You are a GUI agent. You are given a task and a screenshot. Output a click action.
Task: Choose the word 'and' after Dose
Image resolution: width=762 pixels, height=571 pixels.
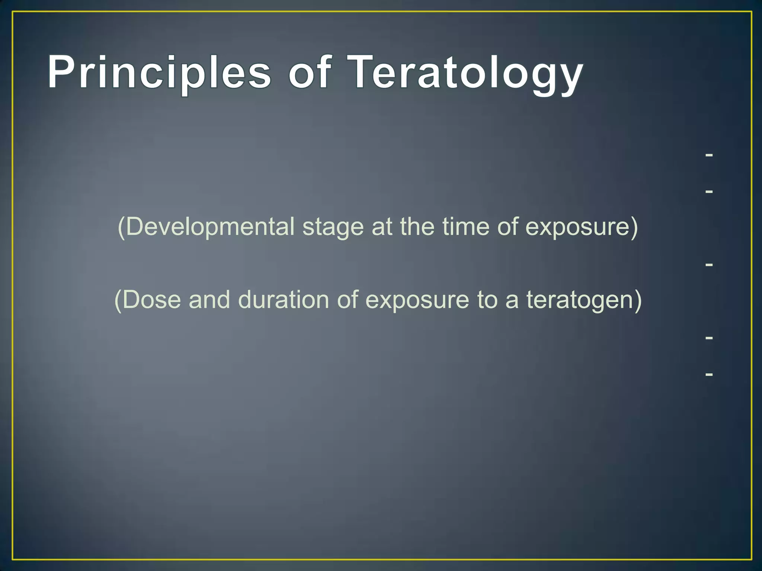coord(209,299)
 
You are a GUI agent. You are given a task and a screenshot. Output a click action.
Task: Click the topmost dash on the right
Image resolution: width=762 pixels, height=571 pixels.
coord(709,155)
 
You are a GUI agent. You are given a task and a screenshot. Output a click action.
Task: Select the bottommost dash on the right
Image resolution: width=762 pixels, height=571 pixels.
coord(709,374)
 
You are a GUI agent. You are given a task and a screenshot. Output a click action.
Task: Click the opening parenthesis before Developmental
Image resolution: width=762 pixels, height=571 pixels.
coord(121,227)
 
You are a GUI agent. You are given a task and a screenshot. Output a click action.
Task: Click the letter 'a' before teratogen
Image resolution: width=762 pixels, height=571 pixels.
coord(512,301)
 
